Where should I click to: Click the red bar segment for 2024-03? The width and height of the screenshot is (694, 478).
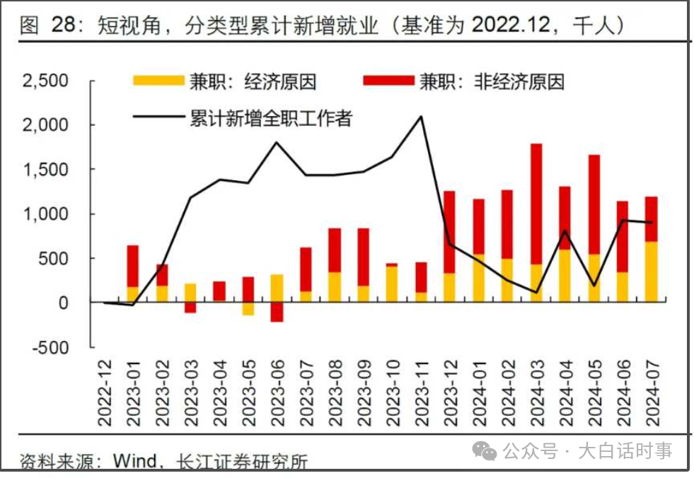536,204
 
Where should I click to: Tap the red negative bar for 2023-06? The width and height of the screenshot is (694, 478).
277,312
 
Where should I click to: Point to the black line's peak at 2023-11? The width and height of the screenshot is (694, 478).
421,117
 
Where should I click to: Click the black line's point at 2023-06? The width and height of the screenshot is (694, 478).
277,143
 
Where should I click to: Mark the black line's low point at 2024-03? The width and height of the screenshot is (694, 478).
536,292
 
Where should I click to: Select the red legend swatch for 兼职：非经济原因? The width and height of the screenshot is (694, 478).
388,81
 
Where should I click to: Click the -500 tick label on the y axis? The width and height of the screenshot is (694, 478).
51,347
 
